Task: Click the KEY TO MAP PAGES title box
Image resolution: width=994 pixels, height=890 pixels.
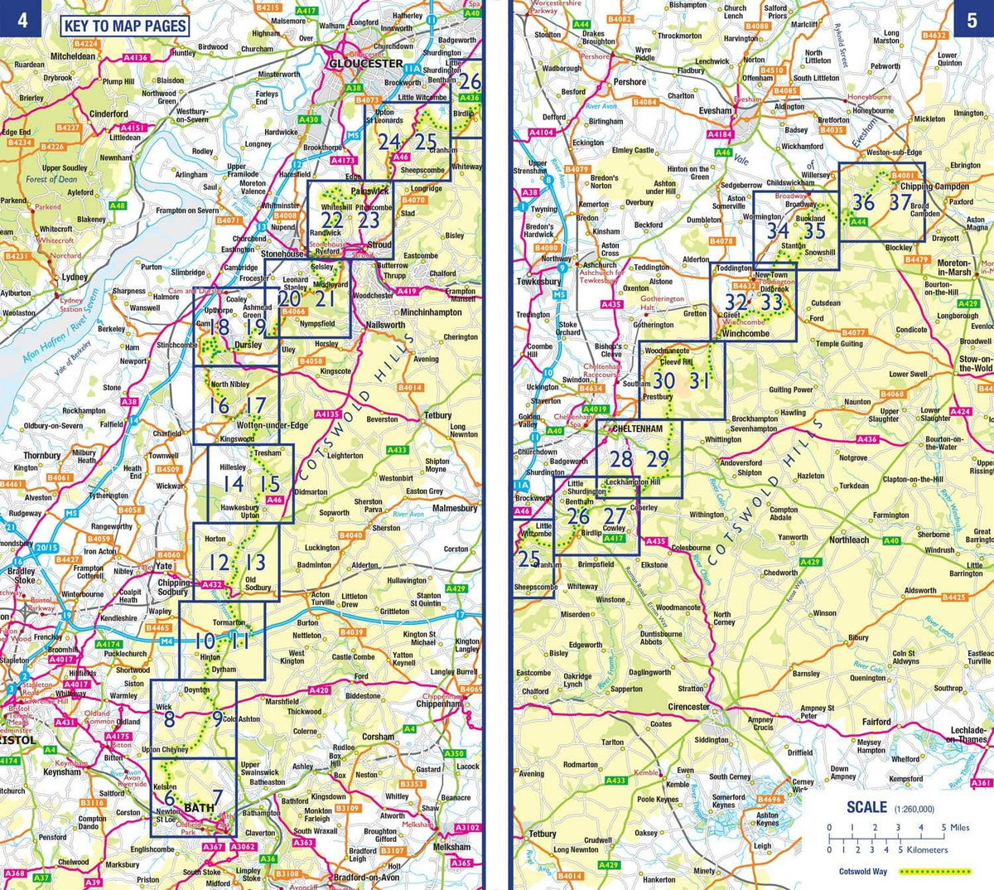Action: click(125, 26)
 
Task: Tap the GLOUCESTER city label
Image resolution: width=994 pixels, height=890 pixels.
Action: click(365, 64)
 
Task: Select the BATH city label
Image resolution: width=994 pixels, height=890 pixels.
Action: click(199, 807)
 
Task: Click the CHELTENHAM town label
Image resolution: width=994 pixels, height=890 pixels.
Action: click(637, 428)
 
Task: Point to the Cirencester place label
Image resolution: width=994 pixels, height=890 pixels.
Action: click(688, 707)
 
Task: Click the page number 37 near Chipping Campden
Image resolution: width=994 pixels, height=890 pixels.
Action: click(899, 201)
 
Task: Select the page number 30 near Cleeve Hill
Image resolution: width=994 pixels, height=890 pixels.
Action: click(663, 380)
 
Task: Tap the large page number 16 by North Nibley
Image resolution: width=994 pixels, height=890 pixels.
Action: click(219, 405)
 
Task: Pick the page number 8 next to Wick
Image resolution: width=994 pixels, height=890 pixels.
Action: click(169, 718)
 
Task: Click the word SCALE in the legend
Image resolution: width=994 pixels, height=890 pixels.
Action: click(866, 808)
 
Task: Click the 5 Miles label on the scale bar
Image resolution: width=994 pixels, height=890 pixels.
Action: click(953, 828)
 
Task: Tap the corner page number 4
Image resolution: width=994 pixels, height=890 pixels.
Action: click(22, 19)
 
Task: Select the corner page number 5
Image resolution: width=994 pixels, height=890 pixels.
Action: click(972, 20)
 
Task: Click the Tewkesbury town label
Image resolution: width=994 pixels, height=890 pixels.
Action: click(538, 282)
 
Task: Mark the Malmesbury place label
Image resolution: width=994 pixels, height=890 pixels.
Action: click(455, 508)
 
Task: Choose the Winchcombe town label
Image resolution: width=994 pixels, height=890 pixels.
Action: click(745, 333)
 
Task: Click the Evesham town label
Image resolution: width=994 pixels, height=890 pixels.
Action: click(715, 110)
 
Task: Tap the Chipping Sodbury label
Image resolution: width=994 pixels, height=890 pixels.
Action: click(173, 588)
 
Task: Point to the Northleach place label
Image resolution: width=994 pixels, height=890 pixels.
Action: click(849, 539)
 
